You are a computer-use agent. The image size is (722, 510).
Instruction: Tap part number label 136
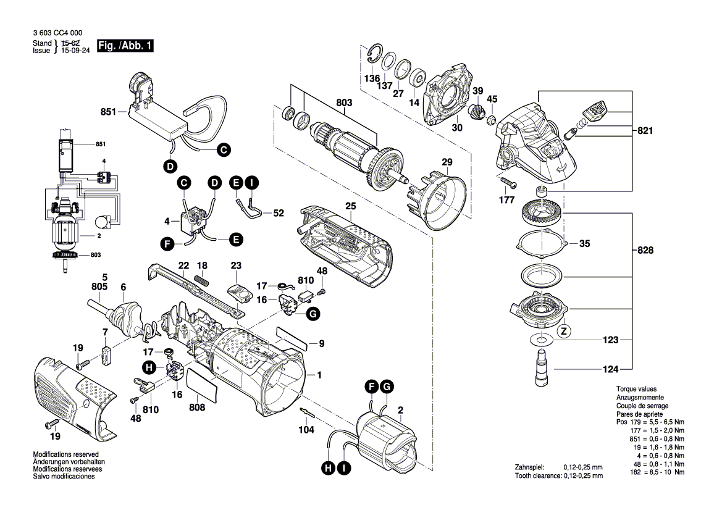click(372, 79)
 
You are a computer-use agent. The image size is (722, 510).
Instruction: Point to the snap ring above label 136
click(373, 54)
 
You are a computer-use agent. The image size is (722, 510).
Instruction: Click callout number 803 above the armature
click(343, 102)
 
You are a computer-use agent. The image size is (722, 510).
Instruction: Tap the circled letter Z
click(563, 332)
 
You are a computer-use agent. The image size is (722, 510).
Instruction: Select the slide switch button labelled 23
click(238, 294)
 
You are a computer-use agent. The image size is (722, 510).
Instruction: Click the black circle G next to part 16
click(313, 314)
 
